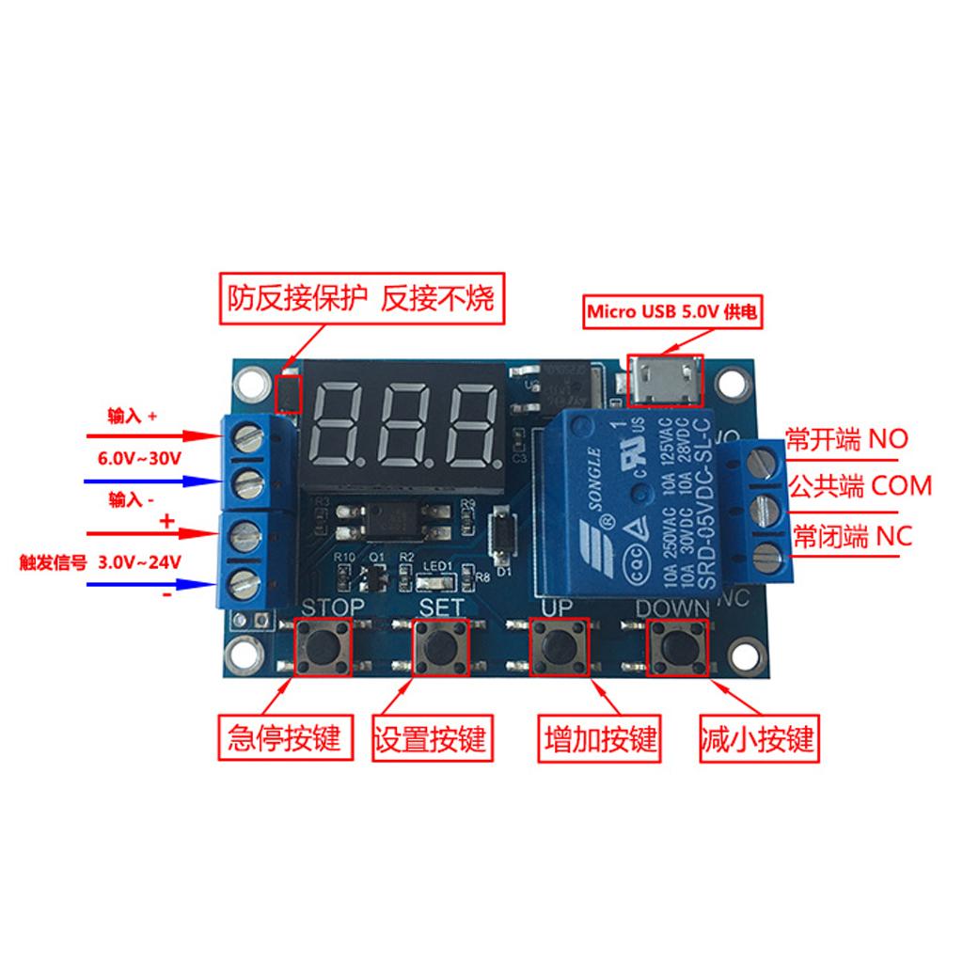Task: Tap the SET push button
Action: coord(441,647)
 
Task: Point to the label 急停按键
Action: coord(284,738)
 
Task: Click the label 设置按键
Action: coord(430,738)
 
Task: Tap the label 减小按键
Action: coord(757,738)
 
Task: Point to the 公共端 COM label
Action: coord(860,486)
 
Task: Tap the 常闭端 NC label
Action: coord(852,536)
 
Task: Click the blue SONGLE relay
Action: coord(635,497)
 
